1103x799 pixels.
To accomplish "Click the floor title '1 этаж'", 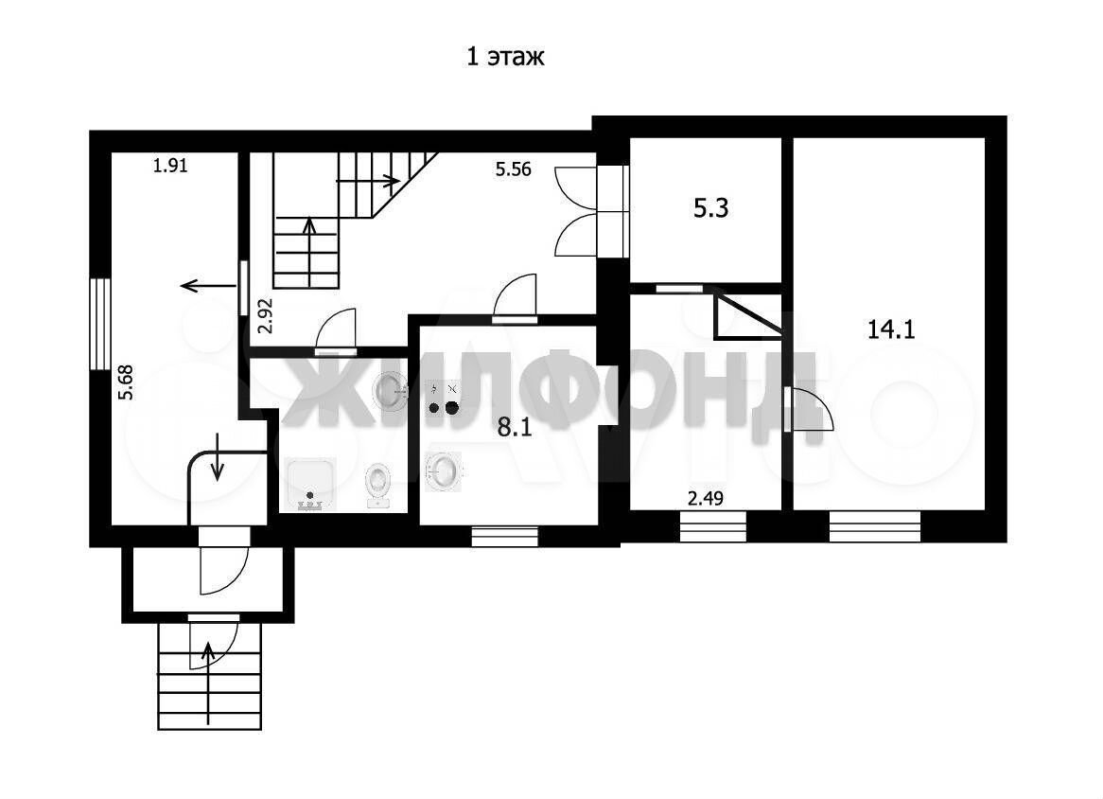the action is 505,56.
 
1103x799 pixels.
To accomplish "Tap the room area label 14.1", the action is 890,328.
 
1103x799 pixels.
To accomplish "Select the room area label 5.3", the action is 711,208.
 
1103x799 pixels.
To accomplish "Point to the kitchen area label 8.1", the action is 515,427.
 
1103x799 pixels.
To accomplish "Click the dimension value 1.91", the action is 170,166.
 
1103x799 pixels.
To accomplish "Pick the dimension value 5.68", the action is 126,382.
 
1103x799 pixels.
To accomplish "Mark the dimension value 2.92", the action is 265,314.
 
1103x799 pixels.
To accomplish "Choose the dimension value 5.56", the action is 513,169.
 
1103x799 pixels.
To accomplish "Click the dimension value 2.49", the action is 705,499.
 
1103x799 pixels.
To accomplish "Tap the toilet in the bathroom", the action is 378,485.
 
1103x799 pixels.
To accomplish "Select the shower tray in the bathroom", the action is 309,485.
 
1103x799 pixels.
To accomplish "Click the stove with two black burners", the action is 444,399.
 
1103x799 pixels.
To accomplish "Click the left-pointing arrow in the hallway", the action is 208,286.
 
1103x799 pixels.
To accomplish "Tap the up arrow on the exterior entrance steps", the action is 208,683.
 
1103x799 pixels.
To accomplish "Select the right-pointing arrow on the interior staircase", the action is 368,182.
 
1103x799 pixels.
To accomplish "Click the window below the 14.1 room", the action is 874,525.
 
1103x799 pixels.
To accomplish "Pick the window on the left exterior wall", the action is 100,324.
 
